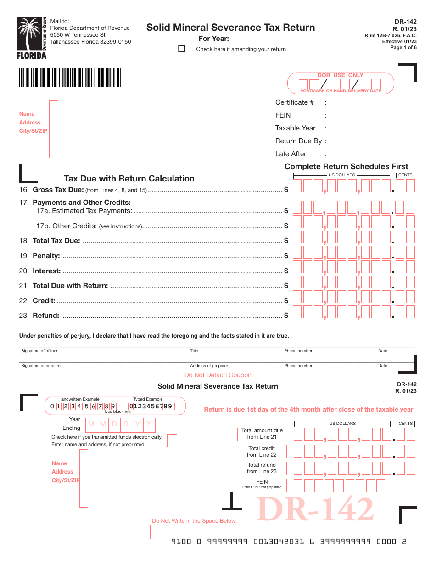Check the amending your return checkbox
[x=182, y=49]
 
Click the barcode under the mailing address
[x=70, y=78]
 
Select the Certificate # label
[x=295, y=102]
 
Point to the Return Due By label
[x=298, y=141]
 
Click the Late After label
[x=291, y=154]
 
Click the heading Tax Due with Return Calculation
[x=129, y=179]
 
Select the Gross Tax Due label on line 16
[x=58, y=190]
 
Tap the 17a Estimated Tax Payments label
[x=84, y=211]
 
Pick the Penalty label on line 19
[x=46, y=256]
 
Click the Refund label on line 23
[x=46, y=316]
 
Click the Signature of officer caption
[x=39, y=351]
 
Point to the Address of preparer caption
[x=209, y=366]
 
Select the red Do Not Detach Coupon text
[x=218, y=375]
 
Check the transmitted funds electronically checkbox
[x=172, y=441]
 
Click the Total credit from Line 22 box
[x=262, y=452]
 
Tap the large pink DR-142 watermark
[x=315, y=509]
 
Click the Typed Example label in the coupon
[x=148, y=399]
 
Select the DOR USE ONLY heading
[x=340, y=75]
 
